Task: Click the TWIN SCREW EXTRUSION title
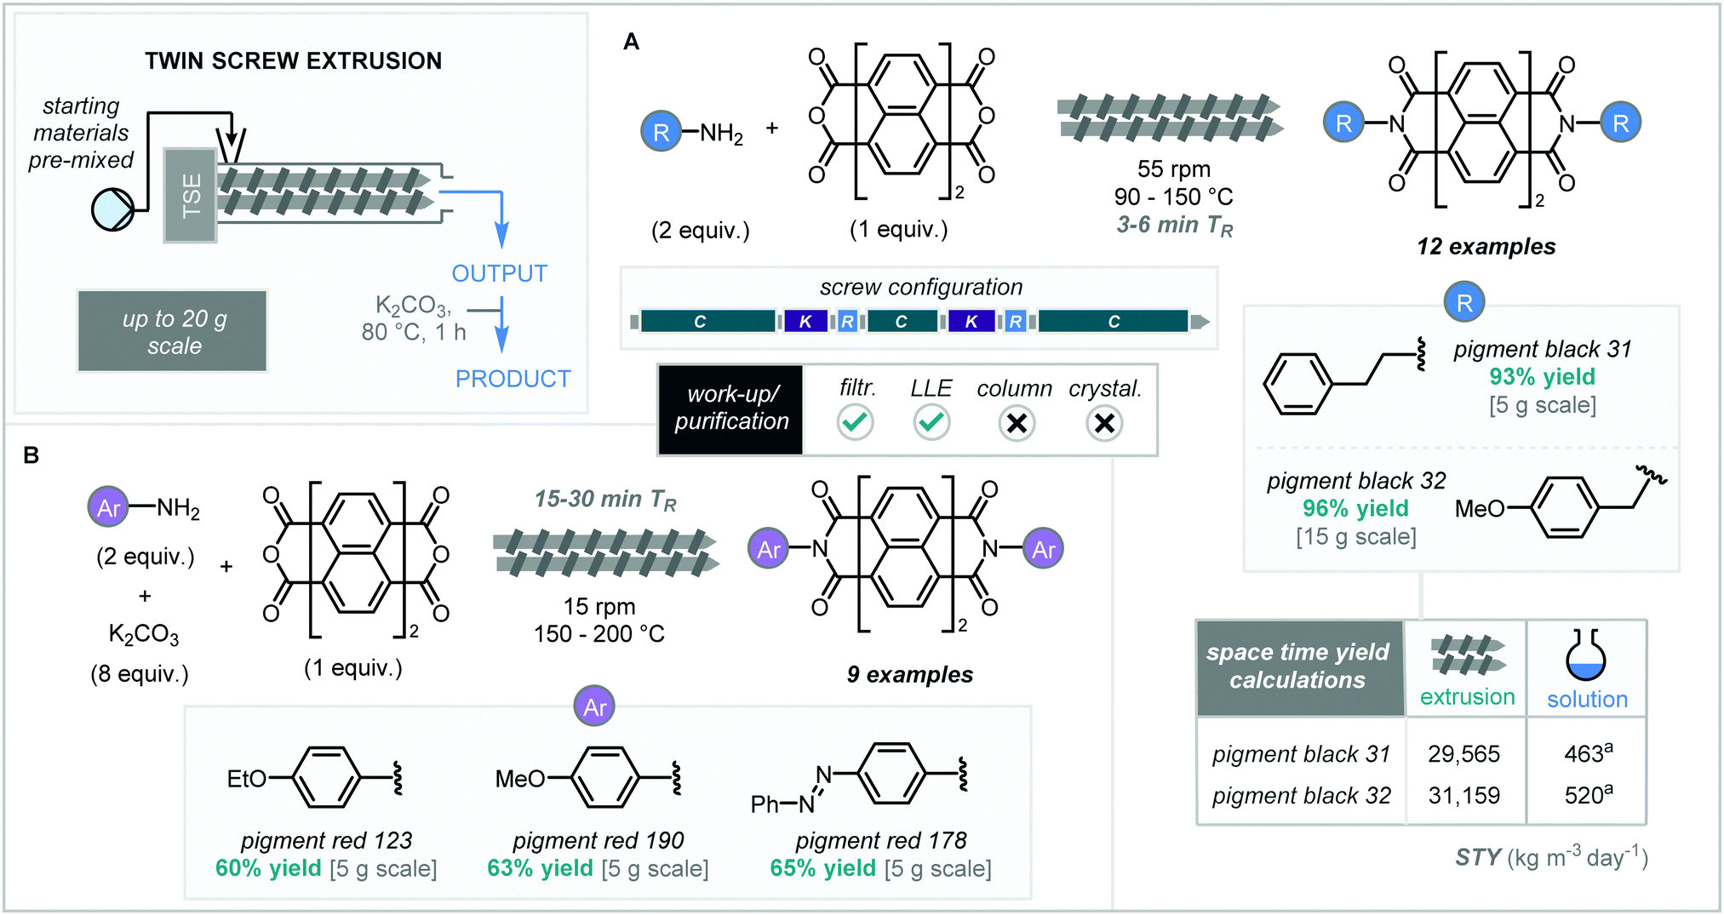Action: [293, 61]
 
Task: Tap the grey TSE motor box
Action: [191, 196]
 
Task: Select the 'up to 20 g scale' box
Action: [173, 332]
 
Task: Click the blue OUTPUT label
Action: [499, 273]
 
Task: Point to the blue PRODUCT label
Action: [513, 379]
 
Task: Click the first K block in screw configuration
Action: [805, 322]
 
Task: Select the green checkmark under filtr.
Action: [855, 422]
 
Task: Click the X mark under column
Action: [1017, 423]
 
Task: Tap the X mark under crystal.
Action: [1104, 423]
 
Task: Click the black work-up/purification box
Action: [730, 409]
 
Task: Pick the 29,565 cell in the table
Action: [1463, 753]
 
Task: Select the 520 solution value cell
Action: [1587, 795]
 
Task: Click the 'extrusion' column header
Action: [1467, 696]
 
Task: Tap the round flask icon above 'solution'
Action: [1585, 657]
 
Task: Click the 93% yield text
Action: [1542, 376]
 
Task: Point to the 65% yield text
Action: [822, 868]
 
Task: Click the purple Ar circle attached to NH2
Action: [108, 508]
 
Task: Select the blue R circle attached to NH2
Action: [661, 132]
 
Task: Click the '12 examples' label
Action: [1486, 247]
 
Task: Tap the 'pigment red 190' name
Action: [598, 840]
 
